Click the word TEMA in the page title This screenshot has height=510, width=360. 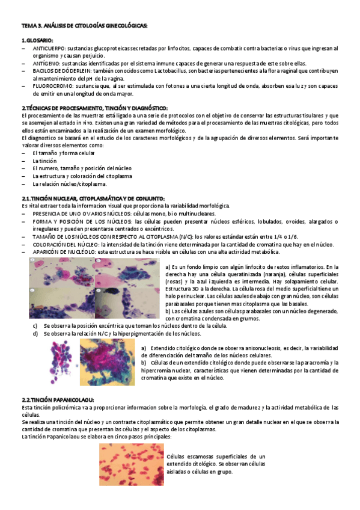(28, 26)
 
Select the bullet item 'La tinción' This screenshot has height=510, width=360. (43, 161)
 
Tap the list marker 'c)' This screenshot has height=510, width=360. (35, 325)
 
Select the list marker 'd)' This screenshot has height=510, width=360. (35, 333)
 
